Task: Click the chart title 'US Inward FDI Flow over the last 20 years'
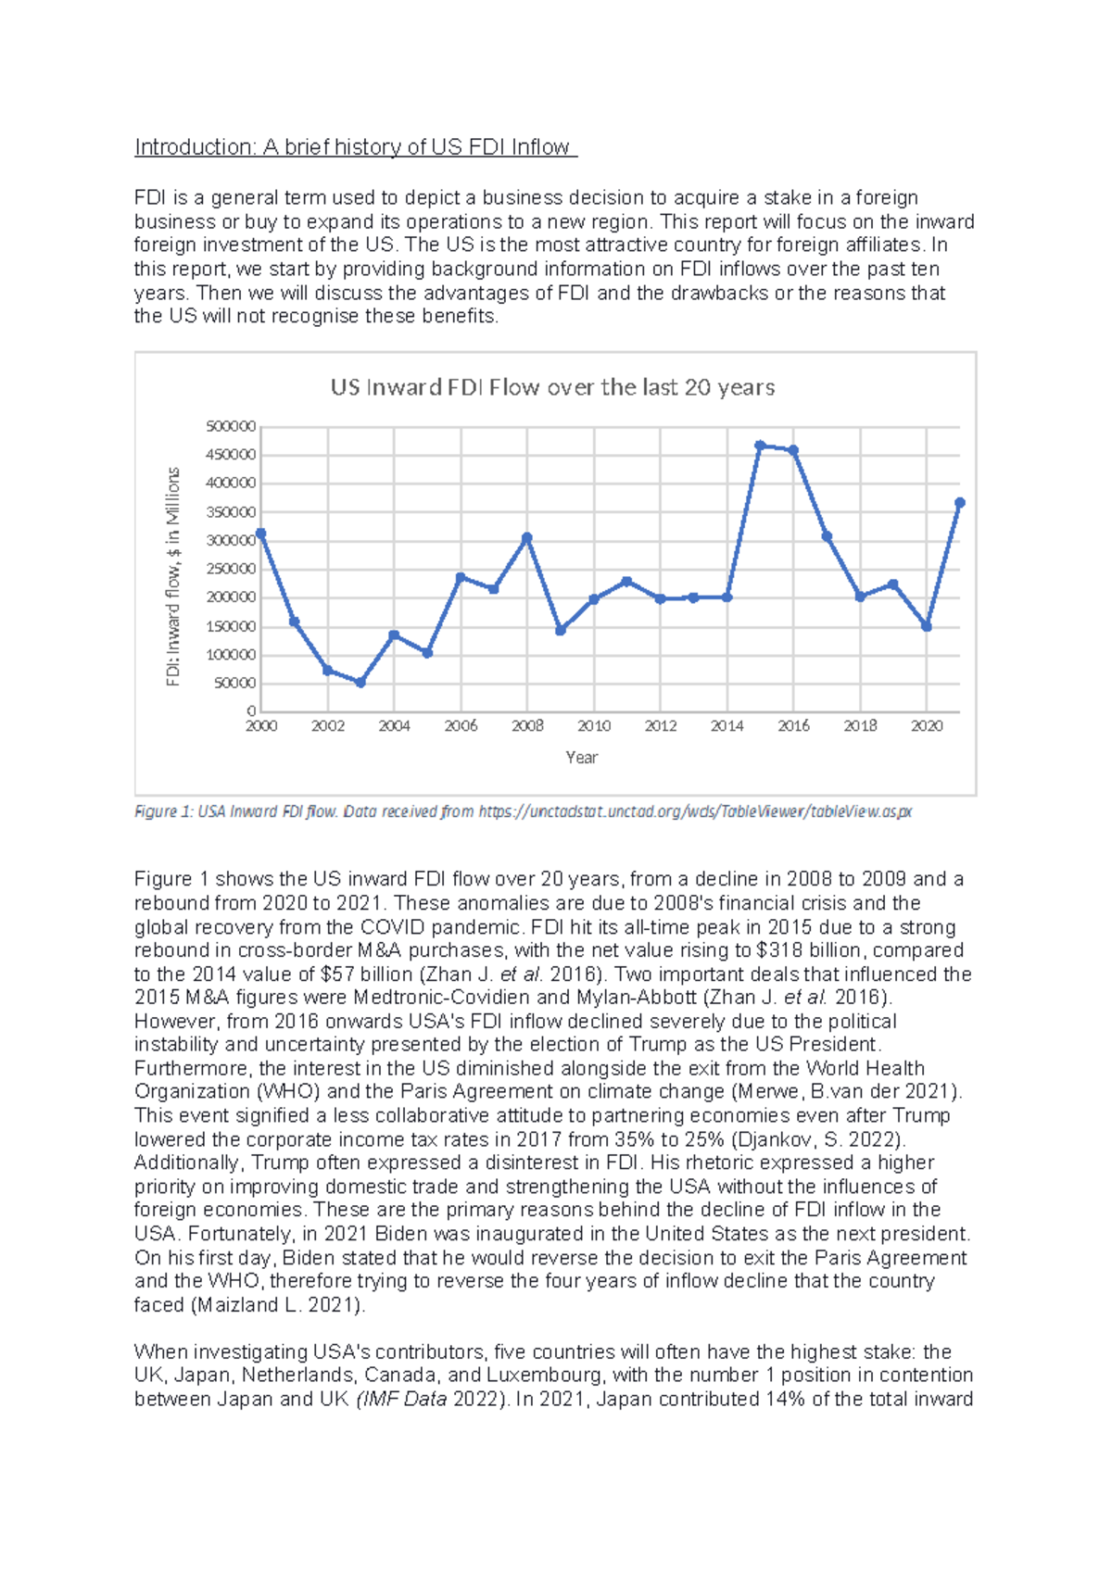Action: point(552,387)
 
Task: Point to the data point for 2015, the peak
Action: point(760,446)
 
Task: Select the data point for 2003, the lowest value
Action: point(360,683)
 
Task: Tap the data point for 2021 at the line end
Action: point(959,503)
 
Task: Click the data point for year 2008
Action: point(527,537)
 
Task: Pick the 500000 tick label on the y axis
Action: point(231,426)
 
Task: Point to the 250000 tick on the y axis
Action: point(231,569)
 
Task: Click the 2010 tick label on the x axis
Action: point(594,726)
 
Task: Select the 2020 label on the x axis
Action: point(927,726)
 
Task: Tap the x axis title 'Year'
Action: point(582,758)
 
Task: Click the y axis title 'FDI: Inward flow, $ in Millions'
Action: point(173,576)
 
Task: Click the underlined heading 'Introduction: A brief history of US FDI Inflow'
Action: point(355,147)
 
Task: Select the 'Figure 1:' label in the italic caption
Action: point(164,812)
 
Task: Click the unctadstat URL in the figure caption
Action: point(695,812)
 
